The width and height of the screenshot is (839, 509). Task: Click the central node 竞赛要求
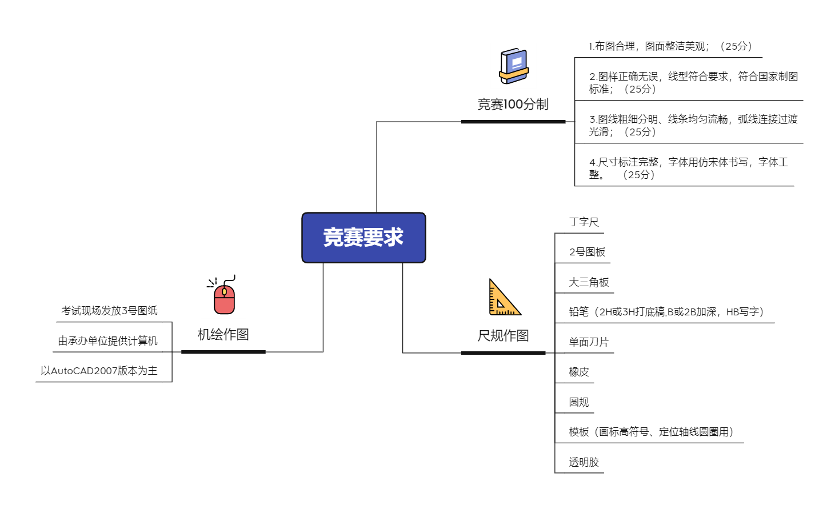(363, 238)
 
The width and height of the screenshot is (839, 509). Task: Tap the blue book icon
(513, 66)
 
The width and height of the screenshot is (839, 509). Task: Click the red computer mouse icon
(223, 295)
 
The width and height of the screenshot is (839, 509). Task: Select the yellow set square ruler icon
(503, 296)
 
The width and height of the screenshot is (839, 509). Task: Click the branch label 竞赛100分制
(513, 105)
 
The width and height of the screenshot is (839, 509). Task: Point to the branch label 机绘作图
(223, 335)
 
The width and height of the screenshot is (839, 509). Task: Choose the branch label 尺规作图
(503, 336)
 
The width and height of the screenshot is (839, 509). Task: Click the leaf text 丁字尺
(584, 222)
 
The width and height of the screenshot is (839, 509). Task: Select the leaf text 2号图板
(587, 252)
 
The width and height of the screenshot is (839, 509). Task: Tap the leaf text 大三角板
(589, 282)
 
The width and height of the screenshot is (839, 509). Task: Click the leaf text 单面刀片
(588, 342)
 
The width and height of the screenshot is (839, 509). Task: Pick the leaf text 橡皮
(578, 372)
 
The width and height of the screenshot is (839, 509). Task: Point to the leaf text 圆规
(578, 402)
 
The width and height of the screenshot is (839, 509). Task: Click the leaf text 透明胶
(584, 462)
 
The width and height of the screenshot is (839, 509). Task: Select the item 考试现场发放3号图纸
(109, 311)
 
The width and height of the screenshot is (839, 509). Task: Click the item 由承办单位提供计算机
(107, 341)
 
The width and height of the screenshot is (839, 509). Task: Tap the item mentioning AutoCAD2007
(99, 371)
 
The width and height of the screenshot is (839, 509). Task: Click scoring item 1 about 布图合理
(671, 46)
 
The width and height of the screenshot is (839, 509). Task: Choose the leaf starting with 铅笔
(666, 312)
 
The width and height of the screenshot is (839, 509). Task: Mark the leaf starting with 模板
(651, 432)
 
